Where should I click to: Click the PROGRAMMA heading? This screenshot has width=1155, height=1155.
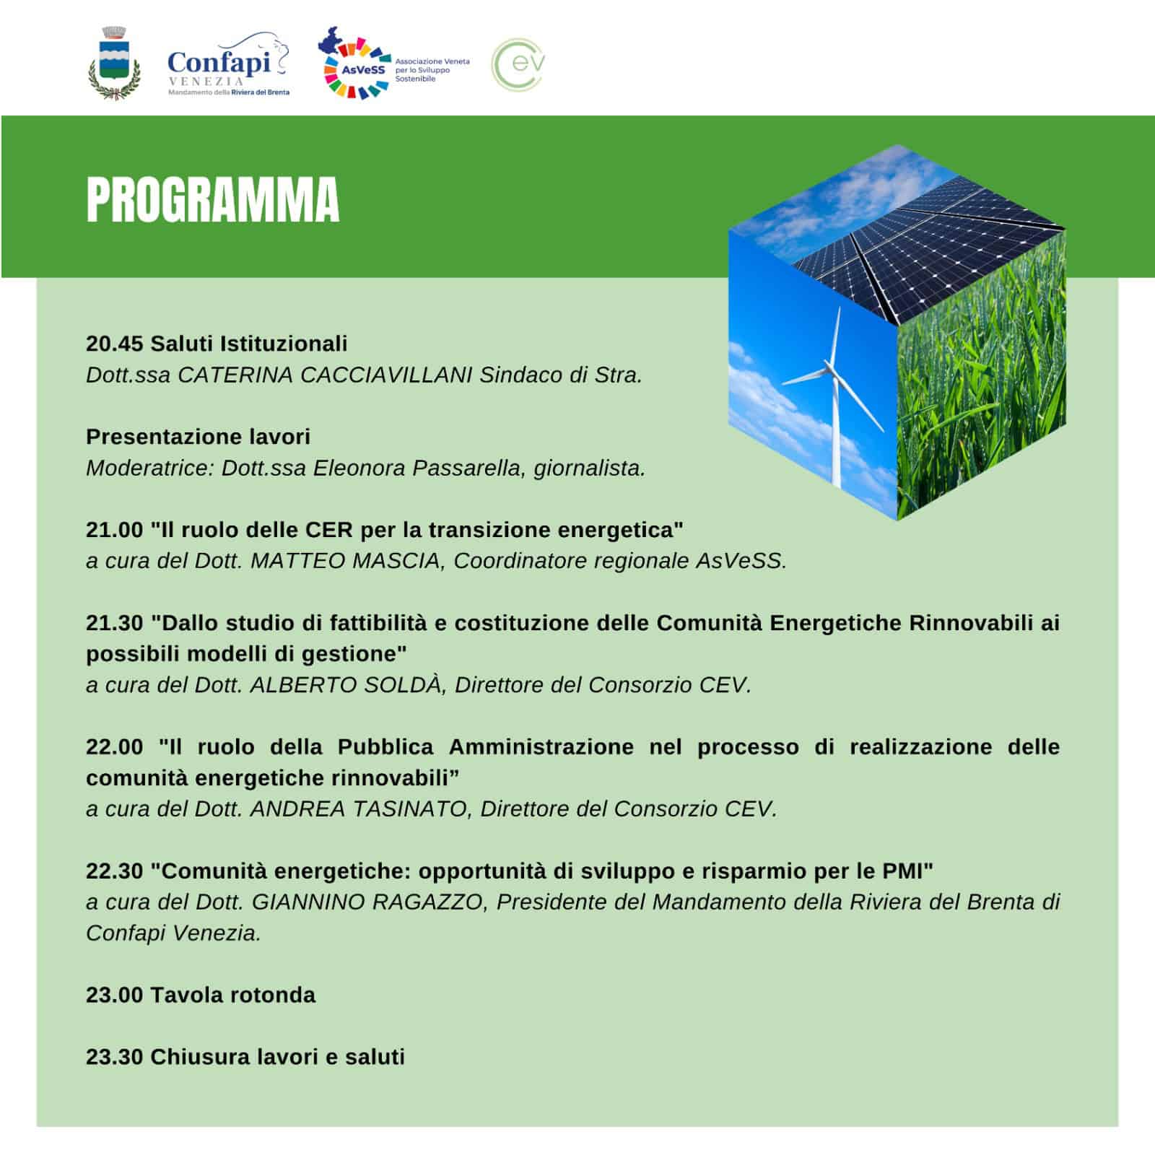[x=212, y=199]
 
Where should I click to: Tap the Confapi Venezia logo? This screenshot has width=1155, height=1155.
[x=228, y=66]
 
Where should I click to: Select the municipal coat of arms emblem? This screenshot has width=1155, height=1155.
[x=113, y=64]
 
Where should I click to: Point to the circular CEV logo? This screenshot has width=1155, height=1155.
[x=518, y=64]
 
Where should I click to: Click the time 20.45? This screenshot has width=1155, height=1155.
[x=115, y=344]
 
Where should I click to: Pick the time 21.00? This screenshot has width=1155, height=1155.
[x=115, y=530]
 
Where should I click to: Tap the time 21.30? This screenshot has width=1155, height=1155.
[x=115, y=622]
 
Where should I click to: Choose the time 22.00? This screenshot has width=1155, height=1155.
[x=115, y=746]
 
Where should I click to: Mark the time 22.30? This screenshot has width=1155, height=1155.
[x=115, y=871]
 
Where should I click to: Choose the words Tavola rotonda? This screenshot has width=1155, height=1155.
[x=233, y=995]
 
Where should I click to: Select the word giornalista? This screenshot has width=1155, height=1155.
[x=589, y=468]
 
